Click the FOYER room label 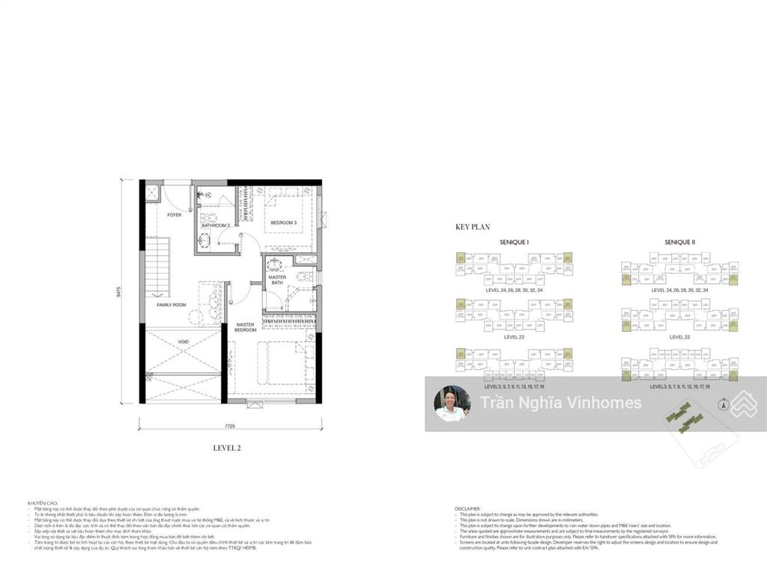175,215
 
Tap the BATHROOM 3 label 215,225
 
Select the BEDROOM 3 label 284,222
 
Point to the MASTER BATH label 277,280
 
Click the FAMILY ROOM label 172,305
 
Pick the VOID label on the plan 184,342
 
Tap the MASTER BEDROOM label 246,327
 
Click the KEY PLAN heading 473,225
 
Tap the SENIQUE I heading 515,243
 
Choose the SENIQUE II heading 679,243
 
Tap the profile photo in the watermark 452,404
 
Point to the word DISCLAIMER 468,508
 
